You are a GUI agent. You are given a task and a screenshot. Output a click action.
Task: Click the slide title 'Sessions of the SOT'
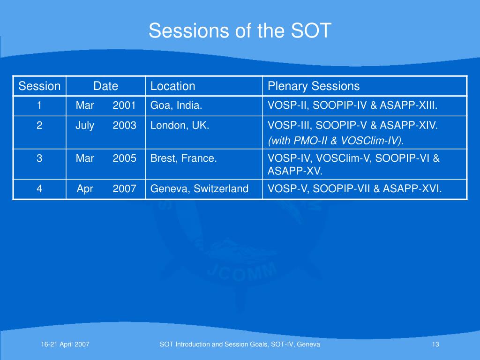pyautogui.click(x=240, y=30)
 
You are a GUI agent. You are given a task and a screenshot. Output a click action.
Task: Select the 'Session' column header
pyautogui.click(x=39, y=86)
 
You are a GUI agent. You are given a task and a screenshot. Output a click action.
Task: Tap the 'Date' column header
pyautogui.click(x=105, y=86)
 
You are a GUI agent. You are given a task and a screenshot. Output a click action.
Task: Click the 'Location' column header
pyautogui.click(x=172, y=86)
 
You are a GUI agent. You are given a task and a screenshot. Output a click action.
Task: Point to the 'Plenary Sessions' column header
pyautogui.click(x=314, y=86)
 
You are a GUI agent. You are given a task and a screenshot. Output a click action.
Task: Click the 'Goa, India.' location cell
pyautogui.click(x=176, y=105)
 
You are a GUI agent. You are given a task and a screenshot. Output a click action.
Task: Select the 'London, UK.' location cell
pyautogui.click(x=180, y=125)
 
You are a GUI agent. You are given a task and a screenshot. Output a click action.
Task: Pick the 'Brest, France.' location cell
pyautogui.click(x=183, y=158)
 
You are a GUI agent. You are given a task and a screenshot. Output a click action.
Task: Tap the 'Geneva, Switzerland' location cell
pyautogui.click(x=199, y=188)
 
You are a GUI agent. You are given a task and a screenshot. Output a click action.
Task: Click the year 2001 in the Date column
pyautogui.click(x=124, y=105)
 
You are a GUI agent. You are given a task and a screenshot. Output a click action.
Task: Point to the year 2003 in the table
pyautogui.click(x=124, y=125)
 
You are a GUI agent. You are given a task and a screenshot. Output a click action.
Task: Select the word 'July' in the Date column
pyautogui.click(x=85, y=126)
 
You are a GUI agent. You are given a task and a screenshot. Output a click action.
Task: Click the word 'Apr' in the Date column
pyautogui.click(x=85, y=189)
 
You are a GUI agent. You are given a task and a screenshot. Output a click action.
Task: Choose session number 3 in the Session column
pyautogui.click(x=39, y=158)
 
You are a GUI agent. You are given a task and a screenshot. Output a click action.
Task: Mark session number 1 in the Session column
pyautogui.click(x=39, y=105)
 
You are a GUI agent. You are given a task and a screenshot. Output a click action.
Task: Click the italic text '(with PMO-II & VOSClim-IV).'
pyautogui.click(x=336, y=141)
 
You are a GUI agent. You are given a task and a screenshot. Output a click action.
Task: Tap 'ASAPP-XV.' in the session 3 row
pyautogui.click(x=295, y=171)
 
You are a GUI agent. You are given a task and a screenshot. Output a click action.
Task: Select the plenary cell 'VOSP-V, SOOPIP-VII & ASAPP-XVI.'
pyautogui.click(x=355, y=188)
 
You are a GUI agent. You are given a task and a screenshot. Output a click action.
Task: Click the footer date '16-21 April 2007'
pyautogui.click(x=65, y=345)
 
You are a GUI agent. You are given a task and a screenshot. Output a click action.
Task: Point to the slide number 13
pyautogui.click(x=435, y=345)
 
